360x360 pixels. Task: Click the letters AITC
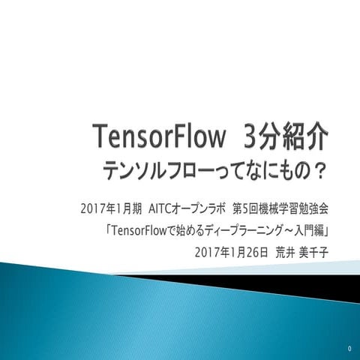coord(162,206)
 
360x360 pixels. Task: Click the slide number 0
coord(349,349)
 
